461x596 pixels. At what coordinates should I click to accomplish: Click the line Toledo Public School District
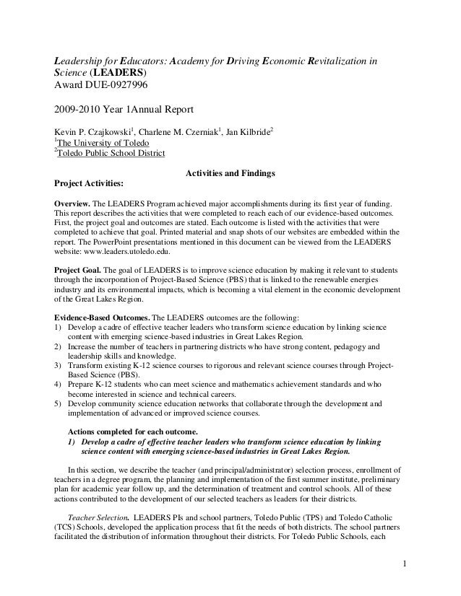click(x=111, y=154)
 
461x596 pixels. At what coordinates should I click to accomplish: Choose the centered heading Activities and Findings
click(x=229, y=173)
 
